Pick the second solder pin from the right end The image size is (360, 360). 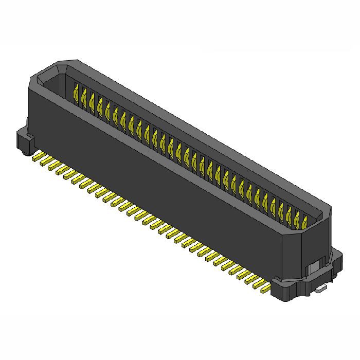point(256,284)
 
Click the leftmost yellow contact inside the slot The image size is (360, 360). point(76,93)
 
